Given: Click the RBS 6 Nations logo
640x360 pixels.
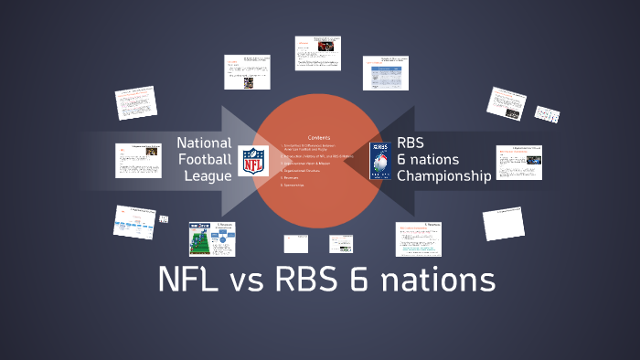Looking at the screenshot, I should [380, 160].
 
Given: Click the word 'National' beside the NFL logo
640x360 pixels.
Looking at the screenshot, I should [204, 143].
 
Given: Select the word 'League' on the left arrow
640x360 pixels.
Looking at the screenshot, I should [208, 175].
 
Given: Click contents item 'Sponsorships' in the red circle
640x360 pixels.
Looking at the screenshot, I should [294, 185].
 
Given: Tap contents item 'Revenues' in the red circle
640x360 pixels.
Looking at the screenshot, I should [292, 178].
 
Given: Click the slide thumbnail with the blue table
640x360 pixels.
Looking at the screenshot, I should [384, 73].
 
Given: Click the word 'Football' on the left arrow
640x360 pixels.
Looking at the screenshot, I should [204, 159].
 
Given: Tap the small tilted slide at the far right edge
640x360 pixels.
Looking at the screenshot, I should [547, 116].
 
